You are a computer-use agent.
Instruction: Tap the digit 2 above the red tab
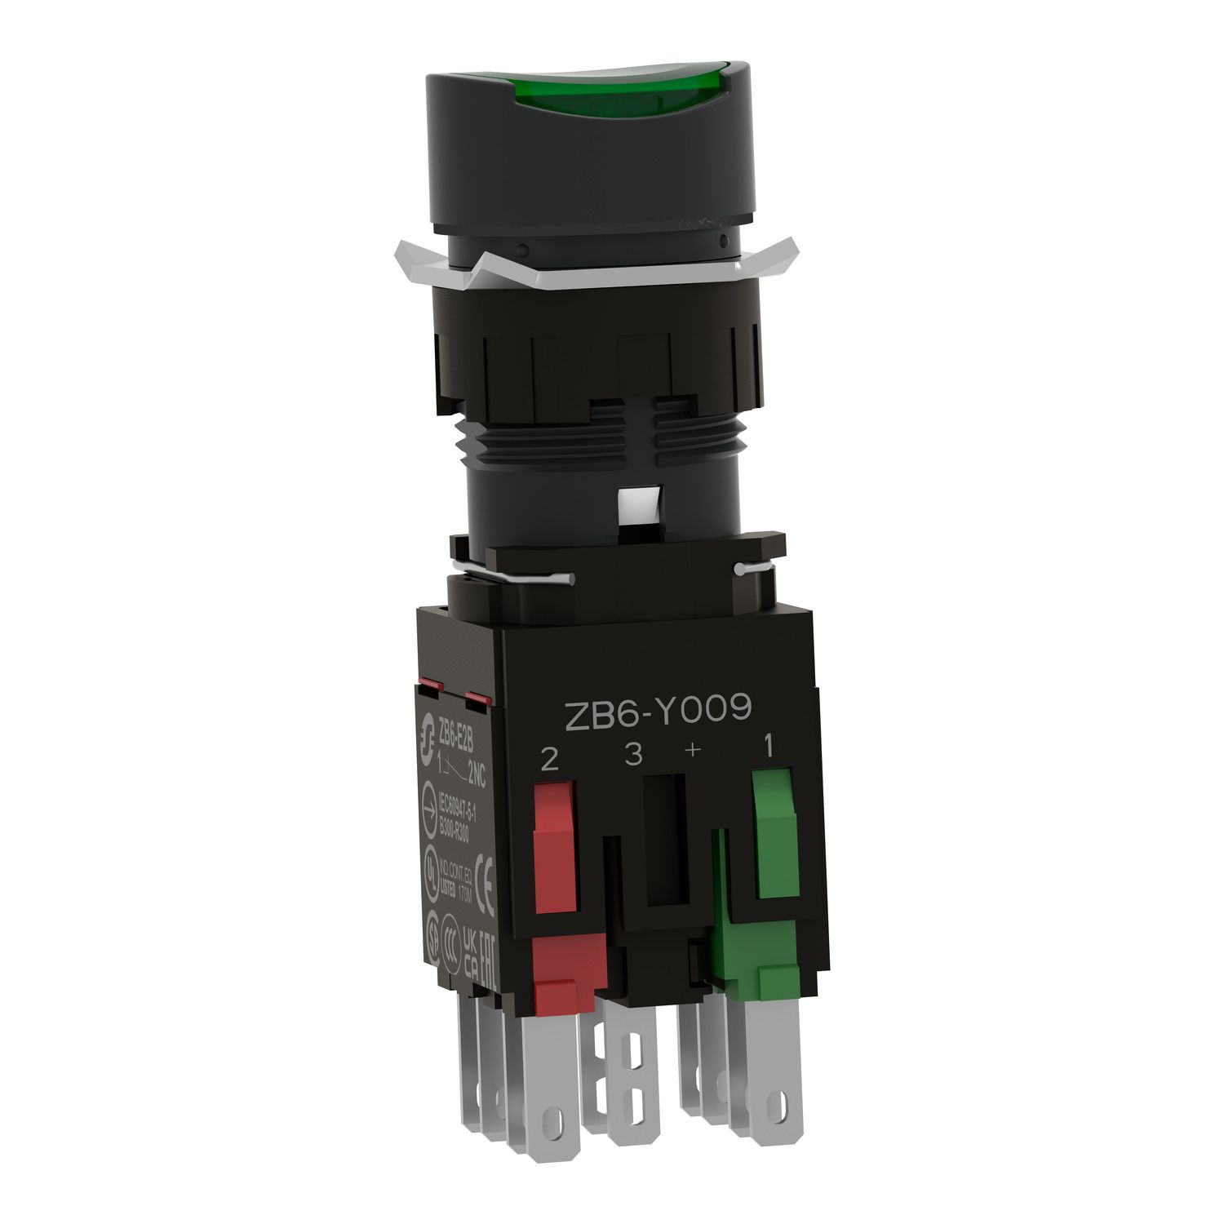tap(550, 761)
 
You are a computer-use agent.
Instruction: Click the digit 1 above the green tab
tap(768, 744)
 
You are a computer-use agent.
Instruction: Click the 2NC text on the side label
tap(473, 778)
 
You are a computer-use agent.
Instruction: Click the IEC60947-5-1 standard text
tap(457, 818)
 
